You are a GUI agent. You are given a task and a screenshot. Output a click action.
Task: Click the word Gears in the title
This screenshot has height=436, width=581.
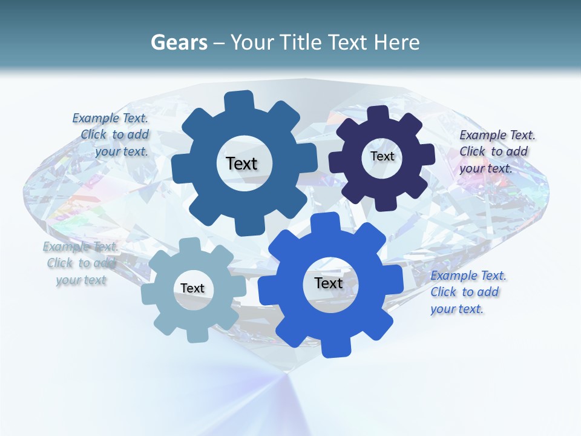point(179,42)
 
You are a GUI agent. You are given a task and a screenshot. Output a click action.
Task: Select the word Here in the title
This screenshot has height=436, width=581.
point(397,42)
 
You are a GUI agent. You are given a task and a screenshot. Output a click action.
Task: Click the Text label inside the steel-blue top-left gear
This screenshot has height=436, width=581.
point(241,163)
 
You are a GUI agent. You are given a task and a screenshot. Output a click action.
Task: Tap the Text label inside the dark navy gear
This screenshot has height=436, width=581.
point(382,156)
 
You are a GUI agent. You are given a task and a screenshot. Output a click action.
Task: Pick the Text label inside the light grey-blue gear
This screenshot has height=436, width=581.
point(192,288)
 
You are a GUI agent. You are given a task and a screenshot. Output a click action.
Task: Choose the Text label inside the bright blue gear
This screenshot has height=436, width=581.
point(329,283)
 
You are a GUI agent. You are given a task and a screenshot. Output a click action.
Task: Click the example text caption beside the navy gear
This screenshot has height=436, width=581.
point(496,151)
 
